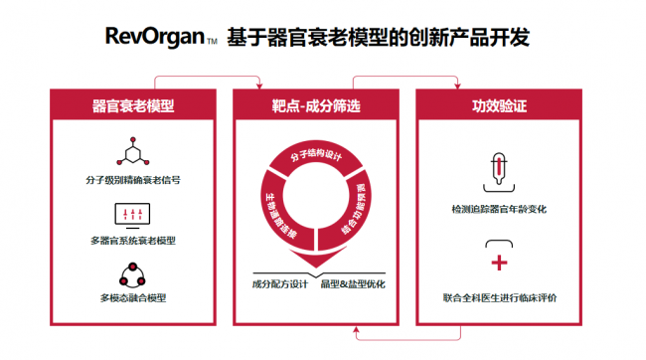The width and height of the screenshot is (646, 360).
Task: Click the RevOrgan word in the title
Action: (x=155, y=36)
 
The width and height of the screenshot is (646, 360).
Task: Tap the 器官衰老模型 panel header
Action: (x=133, y=105)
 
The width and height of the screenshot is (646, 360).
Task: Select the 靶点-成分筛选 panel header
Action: (x=316, y=105)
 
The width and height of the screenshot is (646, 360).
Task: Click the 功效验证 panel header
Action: (x=499, y=105)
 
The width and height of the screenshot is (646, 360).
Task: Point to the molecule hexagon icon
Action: (x=132, y=151)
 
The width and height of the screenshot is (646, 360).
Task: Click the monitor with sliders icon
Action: (x=132, y=216)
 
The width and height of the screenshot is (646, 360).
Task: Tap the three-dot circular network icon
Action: (x=132, y=275)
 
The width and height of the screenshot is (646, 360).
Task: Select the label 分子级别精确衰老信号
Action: (x=133, y=180)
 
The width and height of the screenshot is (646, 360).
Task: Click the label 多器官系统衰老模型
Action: (x=133, y=241)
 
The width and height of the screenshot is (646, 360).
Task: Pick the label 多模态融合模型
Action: (x=133, y=297)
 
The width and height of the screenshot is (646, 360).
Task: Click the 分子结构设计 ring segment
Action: (x=316, y=156)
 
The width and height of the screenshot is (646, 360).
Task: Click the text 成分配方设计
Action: (x=280, y=284)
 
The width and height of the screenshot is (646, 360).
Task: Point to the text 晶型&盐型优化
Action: (x=353, y=284)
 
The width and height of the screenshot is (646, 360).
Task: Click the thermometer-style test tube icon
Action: (x=499, y=172)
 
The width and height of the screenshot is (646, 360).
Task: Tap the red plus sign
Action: (x=499, y=263)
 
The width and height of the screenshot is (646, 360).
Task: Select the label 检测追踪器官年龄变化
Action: (x=499, y=209)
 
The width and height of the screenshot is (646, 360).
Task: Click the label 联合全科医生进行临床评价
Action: (x=500, y=297)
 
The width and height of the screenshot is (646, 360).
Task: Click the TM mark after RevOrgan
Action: (x=212, y=41)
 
